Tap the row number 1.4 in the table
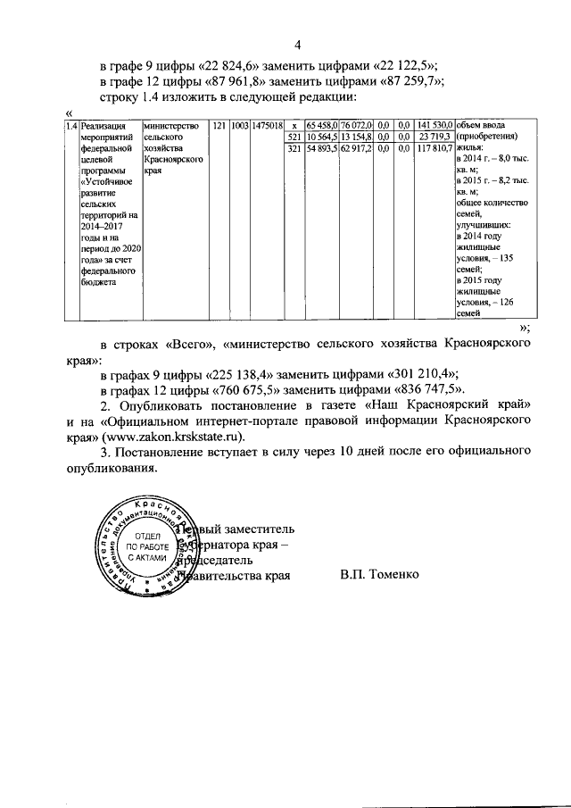pos(71,126)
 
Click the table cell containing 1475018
pos(267,126)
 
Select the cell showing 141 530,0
pos(435,126)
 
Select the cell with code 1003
pos(239,126)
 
